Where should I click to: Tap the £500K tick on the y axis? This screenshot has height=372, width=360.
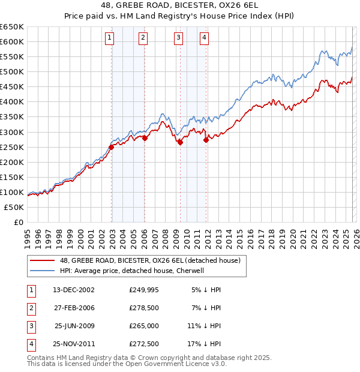click(x=12, y=71)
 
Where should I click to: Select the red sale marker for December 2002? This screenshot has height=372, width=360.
click(x=112, y=147)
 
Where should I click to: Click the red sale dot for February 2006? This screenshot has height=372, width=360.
click(x=145, y=138)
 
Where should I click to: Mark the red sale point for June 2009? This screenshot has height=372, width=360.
click(x=180, y=142)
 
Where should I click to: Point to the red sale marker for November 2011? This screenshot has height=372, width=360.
click(x=206, y=140)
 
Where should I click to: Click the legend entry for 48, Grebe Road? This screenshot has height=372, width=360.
click(x=150, y=260)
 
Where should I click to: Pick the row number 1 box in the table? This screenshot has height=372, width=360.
click(x=30, y=290)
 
